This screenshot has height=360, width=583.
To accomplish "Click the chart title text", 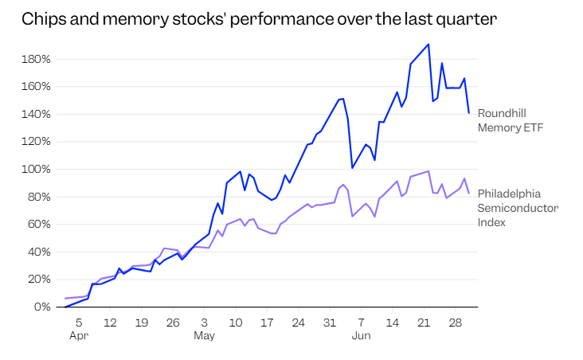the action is (259, 18).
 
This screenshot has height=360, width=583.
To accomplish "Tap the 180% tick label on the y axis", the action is (36, 59).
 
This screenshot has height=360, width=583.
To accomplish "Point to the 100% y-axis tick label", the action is (36, 169).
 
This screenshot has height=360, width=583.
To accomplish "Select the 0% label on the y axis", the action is (42, 307).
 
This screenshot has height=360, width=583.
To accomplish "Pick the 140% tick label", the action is (36, 114).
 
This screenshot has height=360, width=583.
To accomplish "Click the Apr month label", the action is (79, 336).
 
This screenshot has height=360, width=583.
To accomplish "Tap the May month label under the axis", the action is (204, 336).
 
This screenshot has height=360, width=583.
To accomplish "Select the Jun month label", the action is (361, 335).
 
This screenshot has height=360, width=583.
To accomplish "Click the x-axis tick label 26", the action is (173, 323).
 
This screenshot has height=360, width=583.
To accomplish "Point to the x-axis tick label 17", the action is (267, 323).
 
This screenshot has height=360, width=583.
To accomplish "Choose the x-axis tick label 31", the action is (330, 323).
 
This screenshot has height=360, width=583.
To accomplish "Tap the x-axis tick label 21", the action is (424, 323).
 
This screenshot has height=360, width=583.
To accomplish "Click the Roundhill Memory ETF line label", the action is (510, 120).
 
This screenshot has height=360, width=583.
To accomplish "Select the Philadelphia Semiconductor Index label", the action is (518, 208).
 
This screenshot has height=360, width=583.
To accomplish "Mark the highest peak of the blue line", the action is (428, 45).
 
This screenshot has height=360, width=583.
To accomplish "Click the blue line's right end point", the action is (469, 112).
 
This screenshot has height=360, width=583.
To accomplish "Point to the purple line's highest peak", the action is (428, 171).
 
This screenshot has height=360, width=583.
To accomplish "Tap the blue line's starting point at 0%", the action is (66, 307).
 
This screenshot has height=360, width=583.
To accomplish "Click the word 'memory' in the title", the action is (135, 19).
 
